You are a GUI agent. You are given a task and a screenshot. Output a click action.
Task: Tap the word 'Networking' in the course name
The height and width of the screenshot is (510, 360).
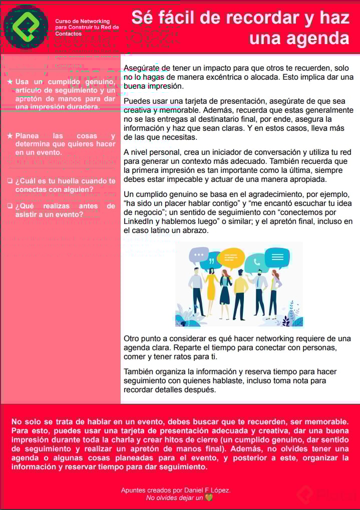95,22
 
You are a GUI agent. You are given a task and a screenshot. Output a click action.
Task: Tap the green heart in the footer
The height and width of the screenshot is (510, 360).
209,498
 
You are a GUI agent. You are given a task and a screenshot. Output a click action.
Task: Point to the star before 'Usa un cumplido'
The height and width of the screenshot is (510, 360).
10,82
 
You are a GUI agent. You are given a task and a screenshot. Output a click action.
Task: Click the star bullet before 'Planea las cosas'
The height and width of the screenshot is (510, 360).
10,136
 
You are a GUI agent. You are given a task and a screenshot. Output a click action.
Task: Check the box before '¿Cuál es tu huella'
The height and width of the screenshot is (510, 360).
10,181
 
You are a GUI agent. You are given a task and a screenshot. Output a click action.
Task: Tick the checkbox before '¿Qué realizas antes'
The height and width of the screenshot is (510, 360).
10,206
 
